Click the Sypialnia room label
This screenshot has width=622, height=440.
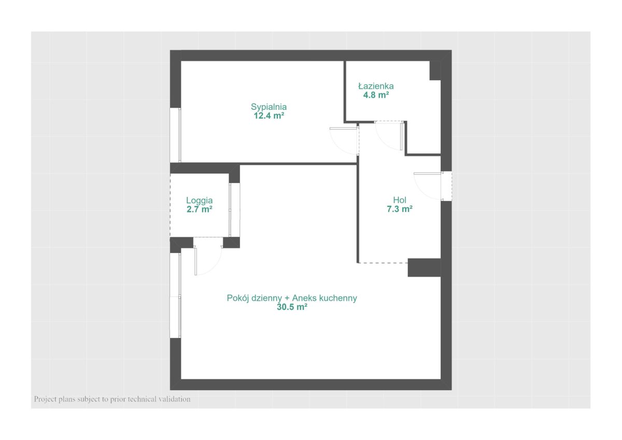tap(268, 107)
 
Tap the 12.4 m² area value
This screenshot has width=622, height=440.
tap(269, 116)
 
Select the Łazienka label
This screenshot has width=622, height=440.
tap(376, 86)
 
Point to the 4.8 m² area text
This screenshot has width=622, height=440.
tap(376, 95)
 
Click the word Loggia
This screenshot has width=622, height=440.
tap(199, 201)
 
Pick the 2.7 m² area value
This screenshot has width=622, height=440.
tap(200, 209)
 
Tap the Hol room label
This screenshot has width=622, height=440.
tap(400, 200)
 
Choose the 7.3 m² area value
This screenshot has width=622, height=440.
tap(400, 209)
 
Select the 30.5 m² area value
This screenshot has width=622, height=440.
tap(292, 307)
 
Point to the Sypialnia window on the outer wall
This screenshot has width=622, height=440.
tap(176, 135)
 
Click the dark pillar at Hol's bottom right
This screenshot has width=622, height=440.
tap(424, 267)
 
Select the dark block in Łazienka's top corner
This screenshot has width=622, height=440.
tap(435, 70)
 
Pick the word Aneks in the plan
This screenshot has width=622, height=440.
tap(304, 298)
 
